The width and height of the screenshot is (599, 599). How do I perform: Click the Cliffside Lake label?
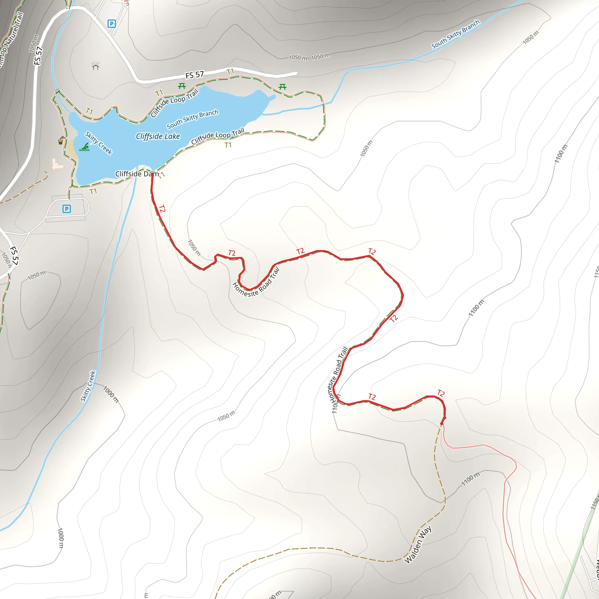158,136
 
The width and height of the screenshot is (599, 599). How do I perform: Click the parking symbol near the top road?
112,24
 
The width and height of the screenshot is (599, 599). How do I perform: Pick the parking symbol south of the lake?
67,209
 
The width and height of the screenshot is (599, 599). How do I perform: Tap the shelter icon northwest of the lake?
95,66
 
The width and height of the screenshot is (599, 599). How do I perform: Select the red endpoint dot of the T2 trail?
442,424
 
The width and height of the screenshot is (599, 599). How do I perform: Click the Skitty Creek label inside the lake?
99,143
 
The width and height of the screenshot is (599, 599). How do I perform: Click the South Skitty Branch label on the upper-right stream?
455,35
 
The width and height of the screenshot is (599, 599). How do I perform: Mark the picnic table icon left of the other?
182,86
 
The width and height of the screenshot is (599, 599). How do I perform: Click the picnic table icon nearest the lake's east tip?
283,87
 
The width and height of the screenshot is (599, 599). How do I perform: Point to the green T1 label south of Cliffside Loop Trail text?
228,145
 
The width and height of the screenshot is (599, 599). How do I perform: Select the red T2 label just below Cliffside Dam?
162,209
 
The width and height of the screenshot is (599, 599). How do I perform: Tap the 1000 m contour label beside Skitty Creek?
111,394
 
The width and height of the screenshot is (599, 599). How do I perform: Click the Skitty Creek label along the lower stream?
88,386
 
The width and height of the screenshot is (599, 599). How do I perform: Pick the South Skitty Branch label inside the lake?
192,119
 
